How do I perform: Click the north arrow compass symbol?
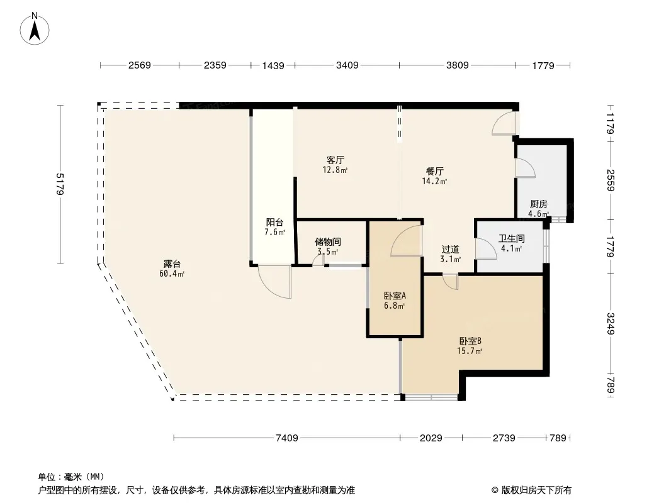pos(35,29)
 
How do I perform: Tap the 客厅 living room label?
pos(335,160)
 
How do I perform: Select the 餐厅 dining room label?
pos(435,172)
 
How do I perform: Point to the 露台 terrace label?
pos(172,264)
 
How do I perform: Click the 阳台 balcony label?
pos(274,222)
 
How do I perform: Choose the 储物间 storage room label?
pos(328,242)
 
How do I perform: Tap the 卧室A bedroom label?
pos(395,296)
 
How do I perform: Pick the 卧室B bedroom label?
pos(470,341)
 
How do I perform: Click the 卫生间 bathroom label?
pos(511,238)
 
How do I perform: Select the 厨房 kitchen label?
pos(538,204)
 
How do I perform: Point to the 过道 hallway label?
pos(451,249)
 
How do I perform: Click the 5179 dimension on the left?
pos(60,184)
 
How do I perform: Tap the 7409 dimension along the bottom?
pos(286,438)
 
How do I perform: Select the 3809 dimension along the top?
pos(458,65)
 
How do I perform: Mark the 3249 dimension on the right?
pos(611,324)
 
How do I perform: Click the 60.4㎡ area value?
pos(172,274)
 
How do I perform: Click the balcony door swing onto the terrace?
pos(274,282)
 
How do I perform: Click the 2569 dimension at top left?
pos(140,65)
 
